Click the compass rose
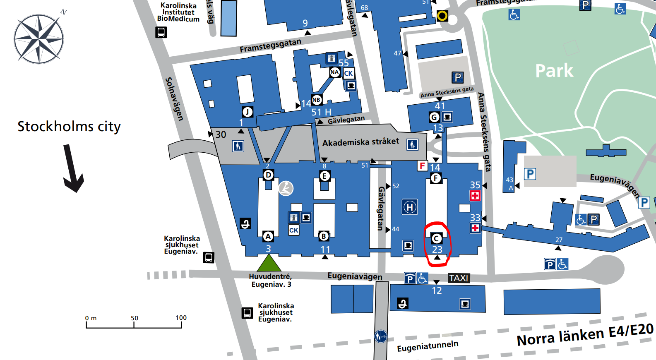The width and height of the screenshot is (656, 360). tap(38, 39)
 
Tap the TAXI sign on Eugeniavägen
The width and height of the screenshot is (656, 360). tap(459, 278)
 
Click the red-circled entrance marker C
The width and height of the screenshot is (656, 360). tap(436, 239)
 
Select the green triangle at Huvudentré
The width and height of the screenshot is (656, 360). tap(269, 263)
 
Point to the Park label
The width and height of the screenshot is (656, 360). tap(554, 71)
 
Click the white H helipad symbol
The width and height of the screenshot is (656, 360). tap(410, 207)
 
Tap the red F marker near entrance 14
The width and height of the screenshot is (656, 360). tap(422, 166)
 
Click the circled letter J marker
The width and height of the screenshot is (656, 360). tap(248, 112)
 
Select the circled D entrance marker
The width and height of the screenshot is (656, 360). tap(268, 175)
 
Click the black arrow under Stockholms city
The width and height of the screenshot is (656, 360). tap(73, 169)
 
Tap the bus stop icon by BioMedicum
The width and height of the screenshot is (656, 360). tap(161, 32)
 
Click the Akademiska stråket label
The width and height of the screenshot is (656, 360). tap(360, 142)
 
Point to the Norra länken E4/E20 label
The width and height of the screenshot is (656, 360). tap(585, 334)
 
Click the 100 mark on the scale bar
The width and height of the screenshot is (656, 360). tap(181, 318)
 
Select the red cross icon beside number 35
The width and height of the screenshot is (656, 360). tap(475, 196)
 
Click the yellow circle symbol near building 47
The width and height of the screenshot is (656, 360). tap(442, 16)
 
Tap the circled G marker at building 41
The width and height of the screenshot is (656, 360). tap(434, 117)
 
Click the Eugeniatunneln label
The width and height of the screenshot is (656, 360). tap(428, 346)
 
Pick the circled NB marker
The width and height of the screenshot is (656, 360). tap(316, 100)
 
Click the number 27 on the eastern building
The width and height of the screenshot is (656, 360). tap(559, 240)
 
